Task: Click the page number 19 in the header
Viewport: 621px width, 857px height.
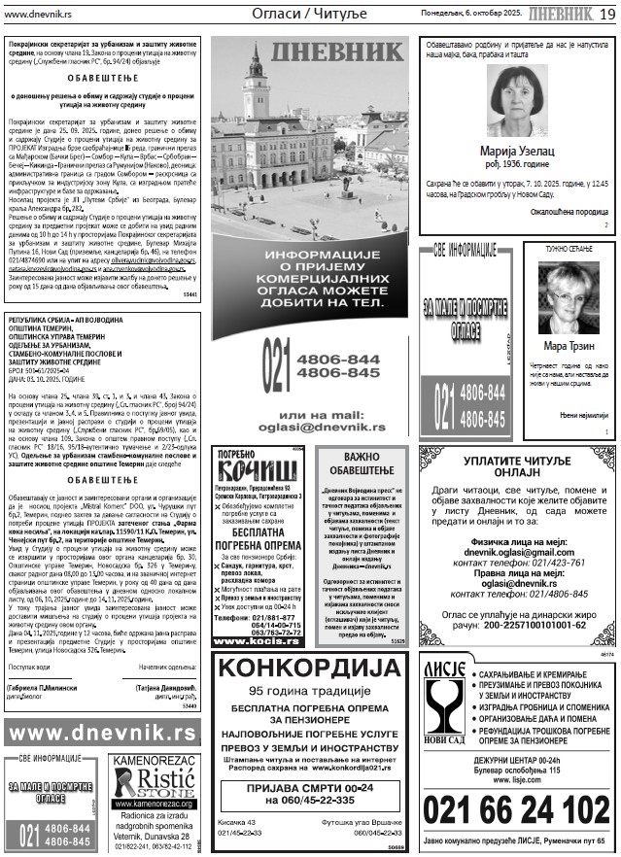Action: [606, 13]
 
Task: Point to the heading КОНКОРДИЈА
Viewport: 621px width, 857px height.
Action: [311, 698]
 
